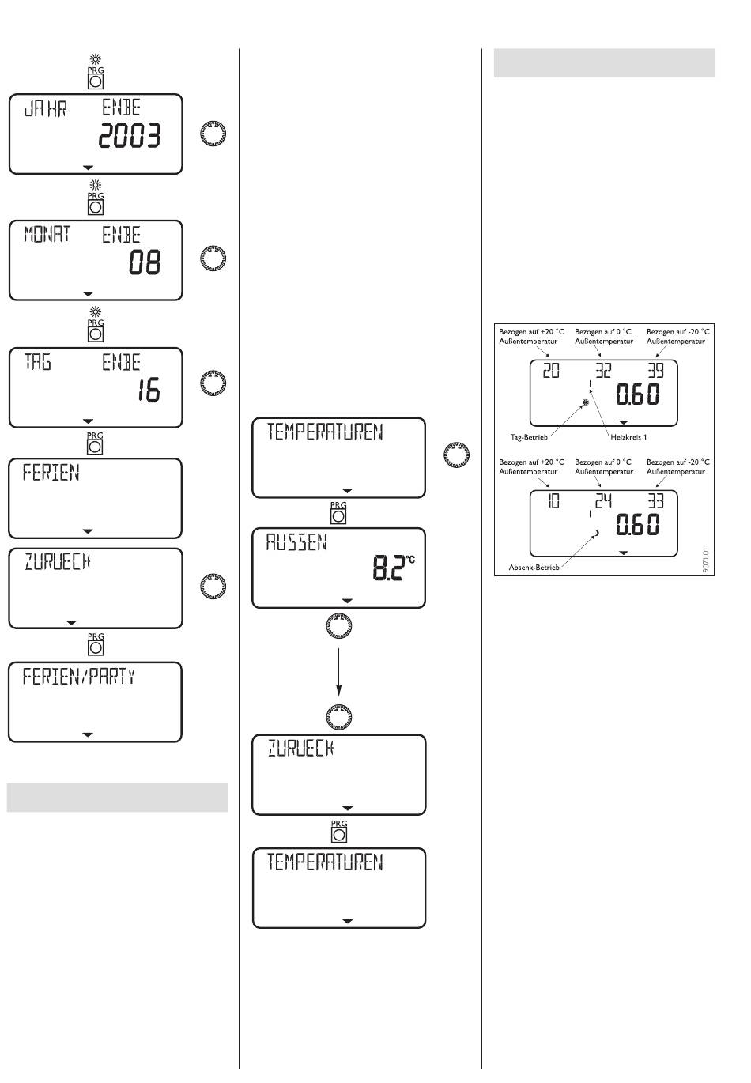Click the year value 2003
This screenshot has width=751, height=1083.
coord(129,138)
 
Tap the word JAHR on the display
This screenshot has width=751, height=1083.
coord(46,109)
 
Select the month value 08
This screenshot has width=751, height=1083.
coord(145,262)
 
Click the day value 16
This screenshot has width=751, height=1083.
coord(147,391)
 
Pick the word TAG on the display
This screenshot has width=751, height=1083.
coord(37,363)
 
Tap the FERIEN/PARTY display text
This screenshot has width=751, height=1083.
coord(79,677)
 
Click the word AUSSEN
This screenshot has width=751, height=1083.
coord(296,543)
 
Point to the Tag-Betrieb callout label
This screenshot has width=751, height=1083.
coord(529,436)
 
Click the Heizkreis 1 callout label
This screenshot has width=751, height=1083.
coord(628,436)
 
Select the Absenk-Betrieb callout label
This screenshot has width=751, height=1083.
coord(534,567)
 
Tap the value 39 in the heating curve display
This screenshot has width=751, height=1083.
coord(655,370)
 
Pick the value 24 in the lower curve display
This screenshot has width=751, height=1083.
coord(603,500)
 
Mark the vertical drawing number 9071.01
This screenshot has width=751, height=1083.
coord(706,560)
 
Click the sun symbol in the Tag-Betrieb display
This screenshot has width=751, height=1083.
coord(585,402)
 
